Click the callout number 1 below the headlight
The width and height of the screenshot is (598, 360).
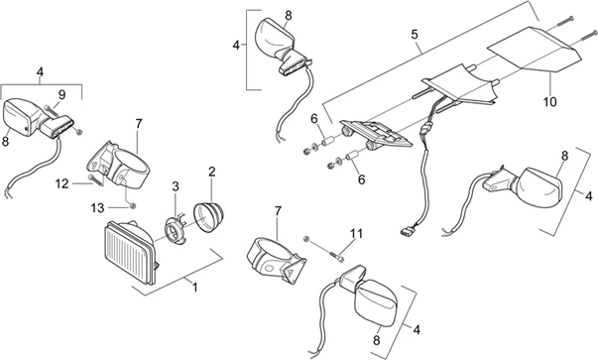195,288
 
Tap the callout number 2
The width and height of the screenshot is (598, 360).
212,172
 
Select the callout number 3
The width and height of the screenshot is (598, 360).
176,186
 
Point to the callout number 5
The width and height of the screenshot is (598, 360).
415,35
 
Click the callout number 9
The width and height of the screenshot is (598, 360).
61,94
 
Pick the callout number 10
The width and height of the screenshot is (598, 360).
550,102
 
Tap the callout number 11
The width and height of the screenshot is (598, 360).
357,233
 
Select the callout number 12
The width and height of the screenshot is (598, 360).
61,184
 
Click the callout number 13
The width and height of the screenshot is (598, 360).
97,208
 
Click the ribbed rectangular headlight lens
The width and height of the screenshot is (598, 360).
130,253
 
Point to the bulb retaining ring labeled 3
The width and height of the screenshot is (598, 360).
175,229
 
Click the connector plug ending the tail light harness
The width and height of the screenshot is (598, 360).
407,231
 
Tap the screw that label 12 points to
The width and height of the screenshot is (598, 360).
95,180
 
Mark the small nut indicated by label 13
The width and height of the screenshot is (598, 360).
132,206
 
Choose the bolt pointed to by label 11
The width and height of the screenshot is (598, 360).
336,257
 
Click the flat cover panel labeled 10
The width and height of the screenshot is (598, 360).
534,49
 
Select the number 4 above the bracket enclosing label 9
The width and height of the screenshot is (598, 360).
40,72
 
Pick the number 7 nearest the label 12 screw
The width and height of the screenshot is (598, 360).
139,124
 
